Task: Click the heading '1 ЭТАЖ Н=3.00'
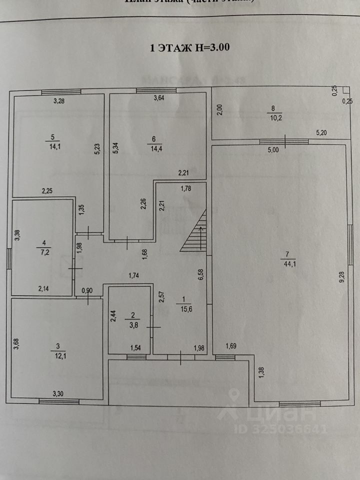click(189, 48)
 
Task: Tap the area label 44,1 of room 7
click(289, 265)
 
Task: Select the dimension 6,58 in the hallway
click(200, 275)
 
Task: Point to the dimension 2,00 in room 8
click(218, 109)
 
